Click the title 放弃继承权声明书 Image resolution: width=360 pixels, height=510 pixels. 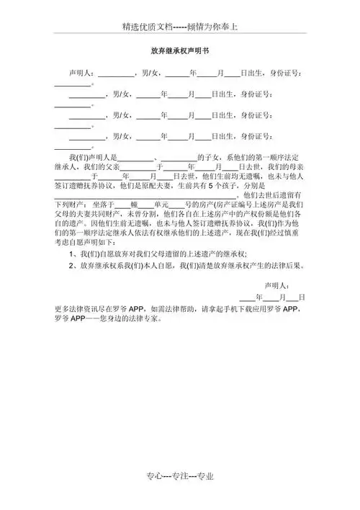click(179, 52)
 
